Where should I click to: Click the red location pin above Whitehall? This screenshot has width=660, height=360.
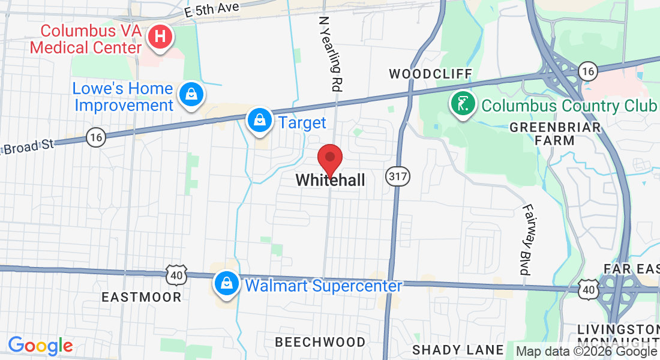pos(329,159)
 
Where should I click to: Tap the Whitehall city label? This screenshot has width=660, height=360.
pos(330,180)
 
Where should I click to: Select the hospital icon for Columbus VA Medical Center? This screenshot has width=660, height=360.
pos(160,36)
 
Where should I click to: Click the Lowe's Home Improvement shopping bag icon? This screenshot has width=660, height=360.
pos(191,94)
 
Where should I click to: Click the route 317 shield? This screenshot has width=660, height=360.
pos(396,176)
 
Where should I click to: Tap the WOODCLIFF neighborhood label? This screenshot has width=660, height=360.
pos(431,74)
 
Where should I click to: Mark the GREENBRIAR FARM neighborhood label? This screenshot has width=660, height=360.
pos(555,134)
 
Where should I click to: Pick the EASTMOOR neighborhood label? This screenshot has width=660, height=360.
pos(141,297)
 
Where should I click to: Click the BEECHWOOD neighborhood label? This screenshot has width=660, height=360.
pos(320,342)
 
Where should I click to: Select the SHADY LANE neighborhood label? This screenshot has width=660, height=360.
pos(458,350)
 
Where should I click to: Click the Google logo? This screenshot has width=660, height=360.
pos(40,346)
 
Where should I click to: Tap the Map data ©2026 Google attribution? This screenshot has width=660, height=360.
pos(586,352)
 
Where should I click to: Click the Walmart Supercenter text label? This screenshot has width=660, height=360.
pos(323,286)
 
